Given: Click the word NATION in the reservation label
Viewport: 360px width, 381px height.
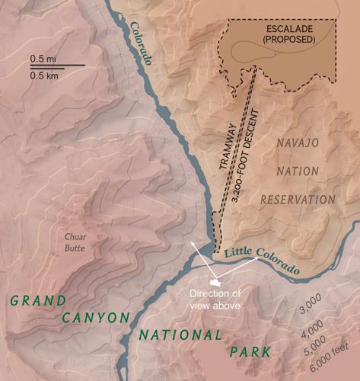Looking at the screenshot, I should pyautogui.click(x=302, y=171).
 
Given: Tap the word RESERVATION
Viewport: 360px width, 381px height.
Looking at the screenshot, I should pyautogui.click(x=298, y=200).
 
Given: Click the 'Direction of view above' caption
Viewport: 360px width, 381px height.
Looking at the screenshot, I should pyautogui.click(x=215, y=299).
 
